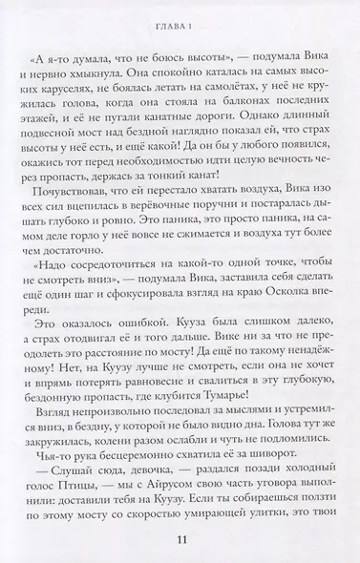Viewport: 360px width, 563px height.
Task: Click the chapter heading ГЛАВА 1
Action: tap(179, 11)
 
